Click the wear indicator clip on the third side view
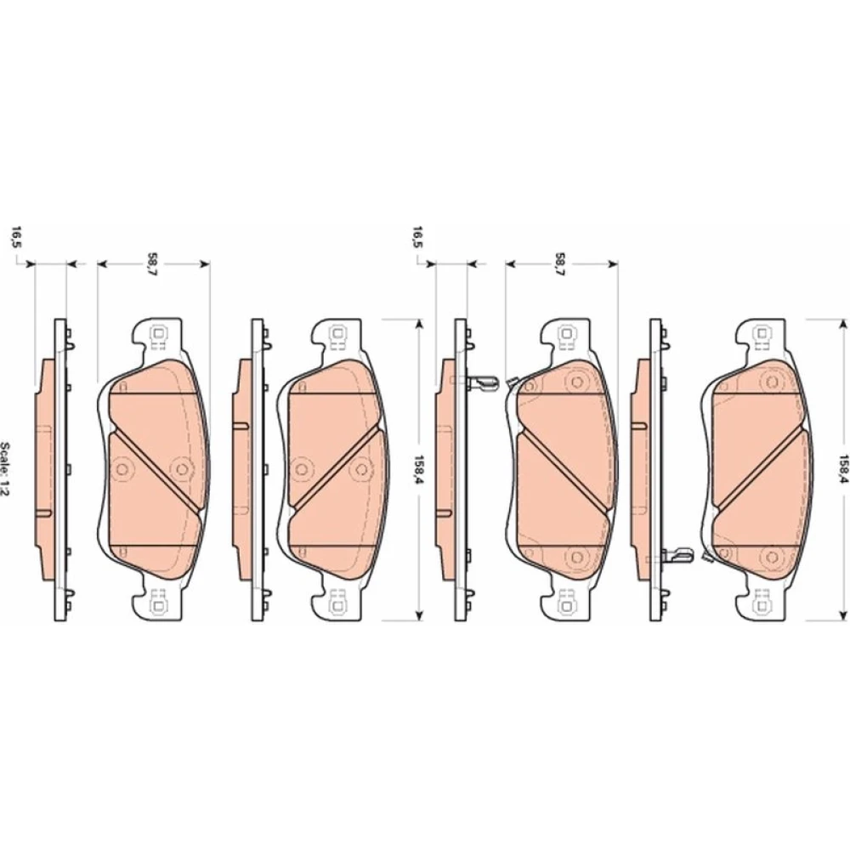(482, 383)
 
